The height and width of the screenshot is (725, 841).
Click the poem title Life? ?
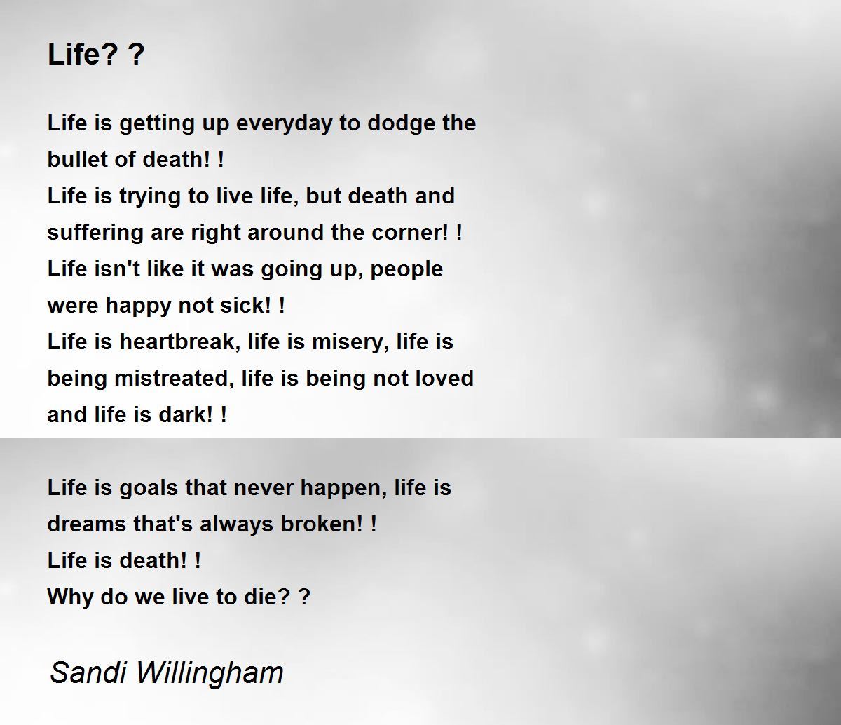pos(96,54)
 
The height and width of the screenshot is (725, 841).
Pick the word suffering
pos(95,233)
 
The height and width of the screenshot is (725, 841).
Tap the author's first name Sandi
pos(88,672)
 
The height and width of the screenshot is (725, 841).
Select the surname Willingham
pos(210,674)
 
